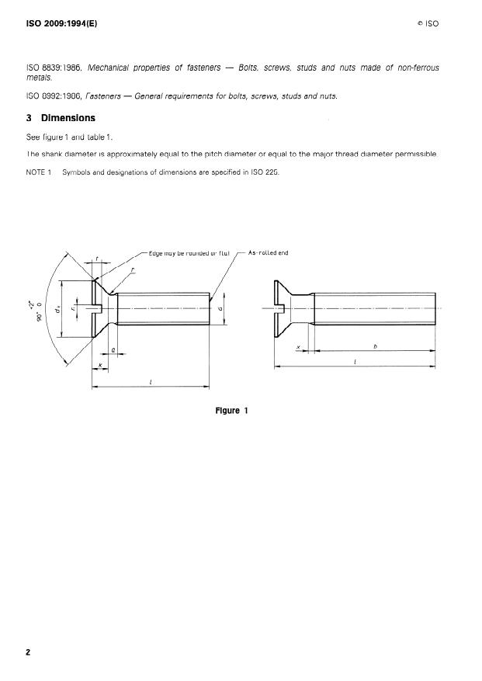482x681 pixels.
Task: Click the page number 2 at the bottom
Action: pyautogui.click(x=28, y=653)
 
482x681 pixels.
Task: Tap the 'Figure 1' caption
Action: pyautogui.click(x=231, y=411)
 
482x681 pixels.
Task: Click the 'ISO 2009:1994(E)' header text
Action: pyautogui.click(x=62, y=23)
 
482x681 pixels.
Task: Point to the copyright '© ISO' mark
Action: pyautogui.click(x=428, y=24)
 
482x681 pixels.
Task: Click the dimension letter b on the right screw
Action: pyautogui.click(x=375, y=346)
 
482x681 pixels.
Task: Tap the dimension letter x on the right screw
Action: pyautogui.click(x=299, y=346)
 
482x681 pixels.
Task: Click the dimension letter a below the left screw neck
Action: pyautogui.click(x=114, y=349)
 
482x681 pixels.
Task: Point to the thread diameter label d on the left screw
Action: pyautogui.click(x=220, y=308)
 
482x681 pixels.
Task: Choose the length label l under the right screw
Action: pyautogui.click(x=355, y=362)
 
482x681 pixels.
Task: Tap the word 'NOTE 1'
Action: pyautogui.click(x=39, y=172)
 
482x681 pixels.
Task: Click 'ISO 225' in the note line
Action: pyautogui.click(x=266, y=172)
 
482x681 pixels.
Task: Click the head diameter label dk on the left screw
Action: pyautogui.click(x=57, y=309)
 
